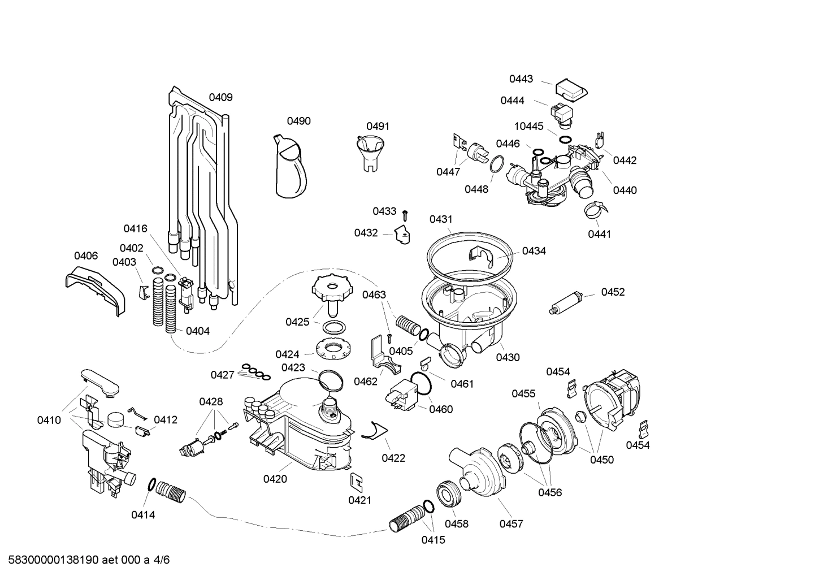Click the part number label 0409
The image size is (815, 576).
tap(220, 97)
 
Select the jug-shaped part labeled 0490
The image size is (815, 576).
tap(291, 168)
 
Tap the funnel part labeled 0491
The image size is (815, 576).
tap(371, 151)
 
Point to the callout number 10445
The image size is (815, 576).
tap(528, 126)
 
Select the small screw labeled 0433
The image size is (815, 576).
tap(405, 215)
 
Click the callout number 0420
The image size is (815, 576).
tap(275, 479)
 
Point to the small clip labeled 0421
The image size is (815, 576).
tap(357, 480)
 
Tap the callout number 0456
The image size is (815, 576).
tap(549, 492)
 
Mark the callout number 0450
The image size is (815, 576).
tap(601, 460)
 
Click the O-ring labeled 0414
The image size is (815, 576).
tap(151, 484)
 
